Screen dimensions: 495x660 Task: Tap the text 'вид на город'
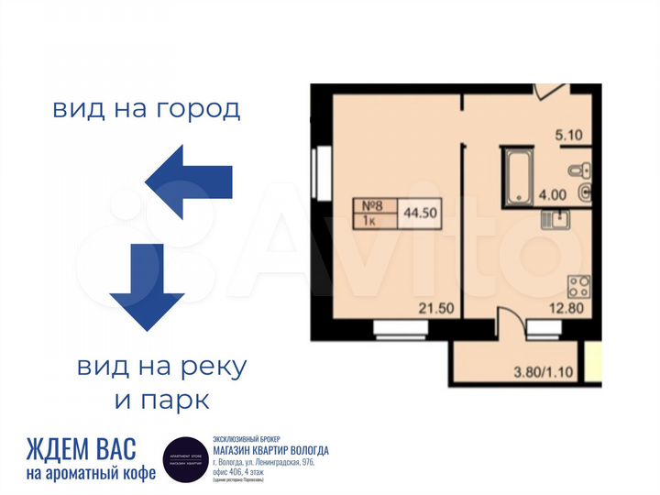147,110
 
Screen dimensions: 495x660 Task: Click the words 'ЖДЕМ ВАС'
82,449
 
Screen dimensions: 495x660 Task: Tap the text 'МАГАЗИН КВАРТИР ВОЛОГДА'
270,450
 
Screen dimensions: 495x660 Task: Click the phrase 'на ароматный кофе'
91,473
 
